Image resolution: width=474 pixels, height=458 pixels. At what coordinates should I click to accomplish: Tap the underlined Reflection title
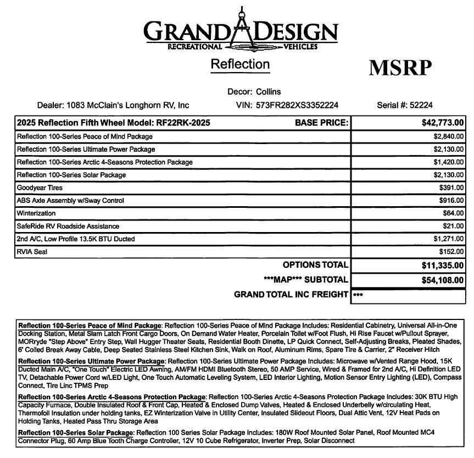[240, 64]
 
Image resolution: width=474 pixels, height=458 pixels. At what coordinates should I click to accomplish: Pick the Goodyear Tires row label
[40, 187]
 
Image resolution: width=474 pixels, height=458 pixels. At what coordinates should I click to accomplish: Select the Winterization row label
[36, 213]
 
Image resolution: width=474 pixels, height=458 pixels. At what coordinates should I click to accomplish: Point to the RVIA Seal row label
[32, 252]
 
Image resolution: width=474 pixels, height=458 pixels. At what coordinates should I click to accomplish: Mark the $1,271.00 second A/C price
[448, 239]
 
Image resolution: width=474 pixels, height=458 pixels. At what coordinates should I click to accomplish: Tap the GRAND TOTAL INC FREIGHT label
[291, 294]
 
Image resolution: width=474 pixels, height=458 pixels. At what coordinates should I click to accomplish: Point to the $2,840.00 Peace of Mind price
[448, 136]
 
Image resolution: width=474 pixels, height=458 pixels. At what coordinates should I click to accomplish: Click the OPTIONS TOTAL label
[315, 266]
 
